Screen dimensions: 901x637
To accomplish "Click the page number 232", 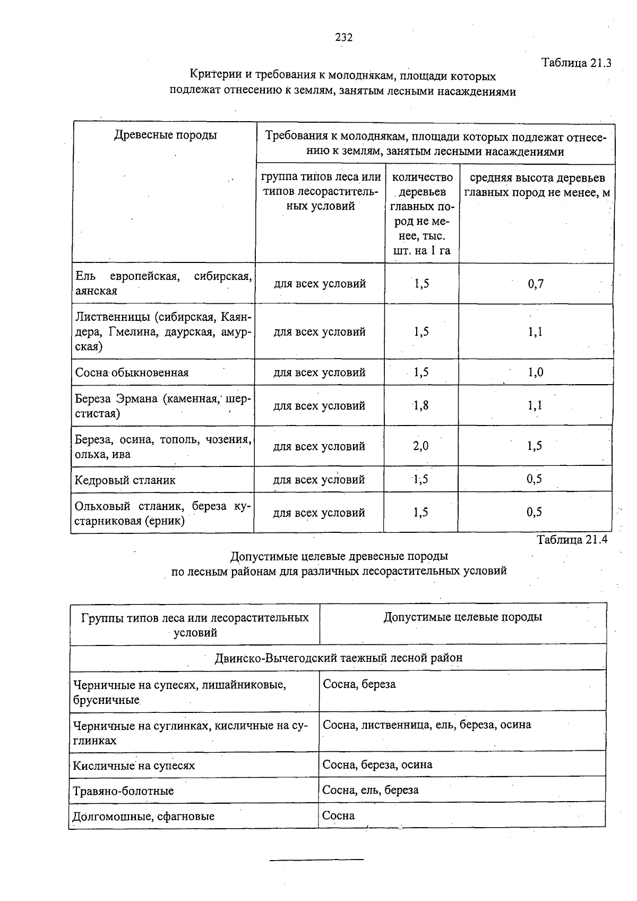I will coord(343,37).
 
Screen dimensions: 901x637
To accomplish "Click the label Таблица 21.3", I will coord(576,63).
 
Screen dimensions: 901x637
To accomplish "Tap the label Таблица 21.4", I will coord(572,540).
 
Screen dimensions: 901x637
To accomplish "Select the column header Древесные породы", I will coord(166,135).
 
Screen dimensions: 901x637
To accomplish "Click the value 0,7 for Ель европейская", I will coord(536,284).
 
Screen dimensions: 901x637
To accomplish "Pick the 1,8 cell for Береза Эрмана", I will coord(421,406).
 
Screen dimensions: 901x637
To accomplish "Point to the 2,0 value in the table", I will coord(420,446).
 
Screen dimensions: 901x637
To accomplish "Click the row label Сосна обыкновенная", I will coord(132,372).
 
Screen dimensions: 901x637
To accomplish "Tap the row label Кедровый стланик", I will coord(125,480).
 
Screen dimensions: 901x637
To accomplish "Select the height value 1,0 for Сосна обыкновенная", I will coord(535,372).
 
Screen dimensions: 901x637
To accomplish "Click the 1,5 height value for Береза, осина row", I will coord(535,446).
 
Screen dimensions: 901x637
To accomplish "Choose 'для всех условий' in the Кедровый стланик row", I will coord(319,480).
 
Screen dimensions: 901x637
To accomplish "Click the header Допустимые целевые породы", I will coord(463,617).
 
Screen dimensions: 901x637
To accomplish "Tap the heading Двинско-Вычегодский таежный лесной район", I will coord(339,658).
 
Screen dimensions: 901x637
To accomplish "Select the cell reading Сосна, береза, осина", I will coord(377,765).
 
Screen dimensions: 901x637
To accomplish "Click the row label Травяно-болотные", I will coord(123,791).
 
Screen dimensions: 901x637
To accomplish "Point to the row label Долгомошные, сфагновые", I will coord(143,817).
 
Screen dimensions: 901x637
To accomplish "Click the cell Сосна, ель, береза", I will coord(371,790).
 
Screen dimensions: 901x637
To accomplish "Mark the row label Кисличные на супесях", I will coord(134,766).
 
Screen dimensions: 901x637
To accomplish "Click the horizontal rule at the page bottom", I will coord(317,859).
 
